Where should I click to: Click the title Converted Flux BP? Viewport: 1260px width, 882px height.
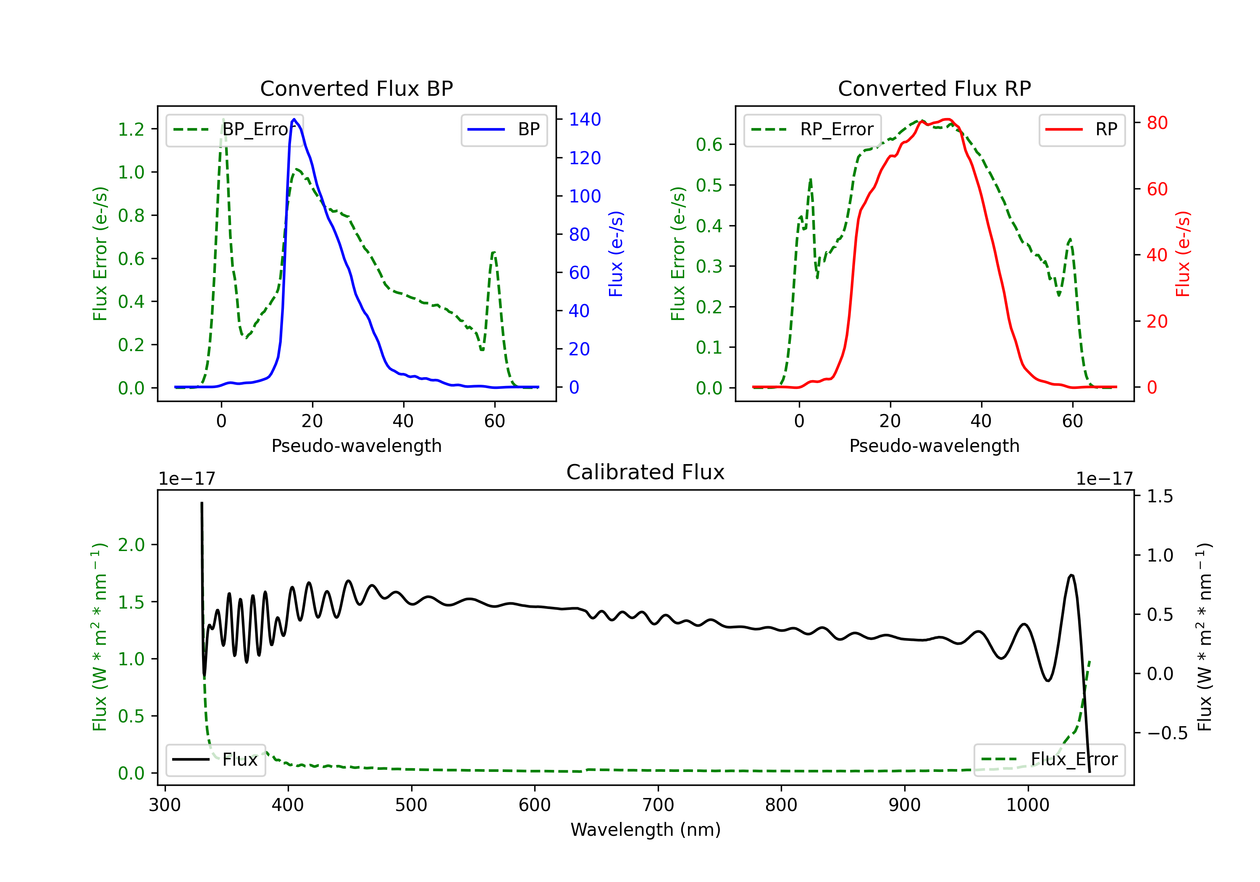[x=356, y=88]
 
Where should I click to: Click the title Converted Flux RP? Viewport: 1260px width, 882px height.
[x=934, y=88]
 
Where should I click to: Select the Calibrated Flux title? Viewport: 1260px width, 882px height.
[x=646, y=472]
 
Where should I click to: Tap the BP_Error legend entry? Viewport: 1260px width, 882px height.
[x=234, y=129]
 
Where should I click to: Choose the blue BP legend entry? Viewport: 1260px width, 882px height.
[x=504, y=129]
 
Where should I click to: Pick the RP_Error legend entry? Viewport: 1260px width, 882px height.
[x=812, y=129]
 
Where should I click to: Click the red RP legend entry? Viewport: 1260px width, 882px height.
[x=1081, y=129]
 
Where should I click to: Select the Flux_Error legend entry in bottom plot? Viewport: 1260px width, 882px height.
[x=1049, y=760]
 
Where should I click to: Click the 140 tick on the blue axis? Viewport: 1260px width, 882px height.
[x=585, y=120]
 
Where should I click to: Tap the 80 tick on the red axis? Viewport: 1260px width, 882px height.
[x=1158, y=123]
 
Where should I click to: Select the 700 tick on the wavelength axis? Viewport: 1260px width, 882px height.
[x=658, y=805]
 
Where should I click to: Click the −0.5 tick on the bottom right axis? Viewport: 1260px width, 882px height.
[x=1167, y=733]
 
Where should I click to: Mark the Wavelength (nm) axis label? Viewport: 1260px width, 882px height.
[x=646, y=830]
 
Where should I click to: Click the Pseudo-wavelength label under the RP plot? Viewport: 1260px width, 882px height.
[x=934, y=446]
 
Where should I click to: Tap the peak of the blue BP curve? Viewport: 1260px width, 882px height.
[x=294, y=119]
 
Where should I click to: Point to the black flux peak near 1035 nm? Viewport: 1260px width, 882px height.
[x=1071, y=575]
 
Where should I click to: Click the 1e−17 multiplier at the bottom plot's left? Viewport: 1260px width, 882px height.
[x=186, y=479]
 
